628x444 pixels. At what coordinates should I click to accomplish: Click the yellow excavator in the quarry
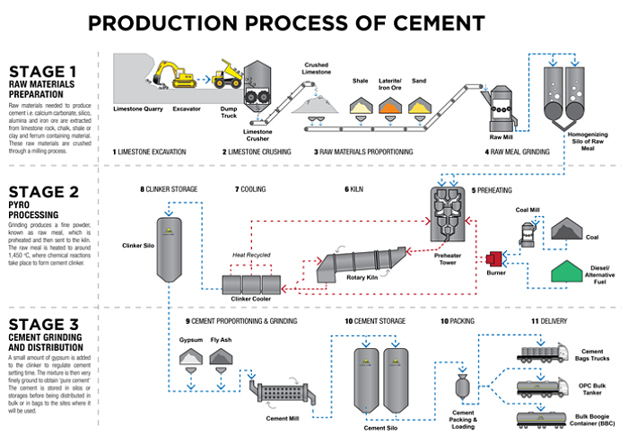tap(172, 74)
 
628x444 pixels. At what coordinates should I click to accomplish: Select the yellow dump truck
tap(227, 74)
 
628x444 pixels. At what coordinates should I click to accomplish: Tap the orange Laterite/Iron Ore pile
tap(388, 107)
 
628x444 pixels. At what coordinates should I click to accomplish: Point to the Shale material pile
tap(360, 107)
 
